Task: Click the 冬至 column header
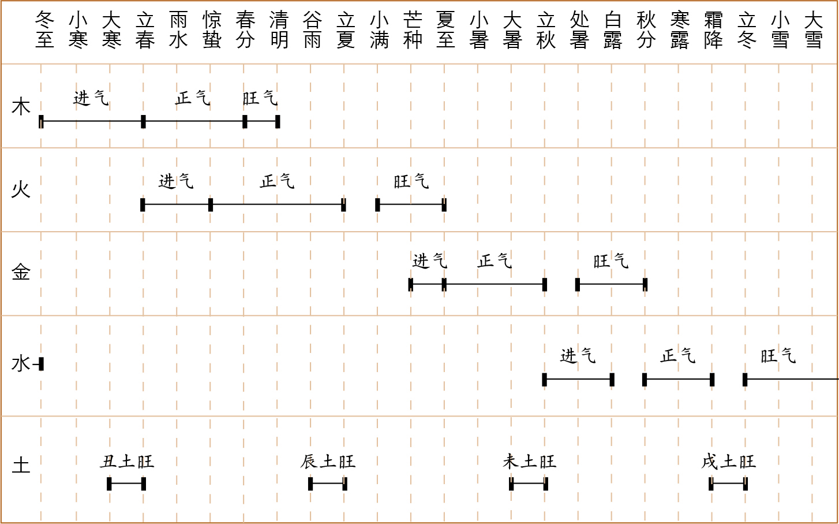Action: click(44, 30)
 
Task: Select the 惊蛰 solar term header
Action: click(212, 30)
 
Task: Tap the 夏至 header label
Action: click(445, 30)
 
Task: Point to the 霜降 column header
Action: click(713, 30)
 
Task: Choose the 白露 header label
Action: click(613, 30)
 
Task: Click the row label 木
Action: click(21, 107)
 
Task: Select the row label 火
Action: click(21, 189)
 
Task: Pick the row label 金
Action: click(21, 272)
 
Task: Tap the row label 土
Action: click(21, 465)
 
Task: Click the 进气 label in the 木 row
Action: click(91, 98)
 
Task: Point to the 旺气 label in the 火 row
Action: click(411, 181)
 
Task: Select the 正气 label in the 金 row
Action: click(495, 261)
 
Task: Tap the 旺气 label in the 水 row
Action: click(778, 356)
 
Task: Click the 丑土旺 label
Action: click(127, 462)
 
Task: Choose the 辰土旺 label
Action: click(328, 462)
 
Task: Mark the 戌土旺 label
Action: click(728, 462)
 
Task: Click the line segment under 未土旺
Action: click(529, 484)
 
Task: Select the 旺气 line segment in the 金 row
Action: click(611, 284)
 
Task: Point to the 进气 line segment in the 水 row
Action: click(578, 380)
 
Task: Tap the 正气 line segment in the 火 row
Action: click(277, 205)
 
